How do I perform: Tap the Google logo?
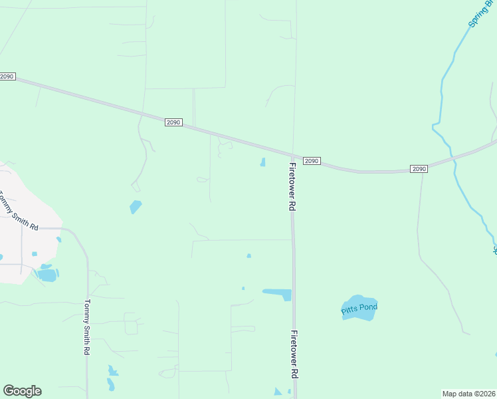pos(22,391)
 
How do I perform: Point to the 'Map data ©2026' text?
pos(469,394)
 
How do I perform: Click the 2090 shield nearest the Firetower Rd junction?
pos(312,161)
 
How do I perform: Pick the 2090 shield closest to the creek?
pos(418,169)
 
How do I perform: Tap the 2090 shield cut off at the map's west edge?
pos(7,76)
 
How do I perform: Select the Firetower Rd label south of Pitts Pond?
pos(293,355)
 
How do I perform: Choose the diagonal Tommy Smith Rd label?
pos(18,210)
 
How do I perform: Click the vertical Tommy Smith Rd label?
pos(86,327)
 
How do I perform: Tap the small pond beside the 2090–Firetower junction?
pos(263,162)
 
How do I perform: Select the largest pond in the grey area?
pos(47,274)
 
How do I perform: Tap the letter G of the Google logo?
pos(9,391)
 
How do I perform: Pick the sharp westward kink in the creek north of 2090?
pos(433,124)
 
